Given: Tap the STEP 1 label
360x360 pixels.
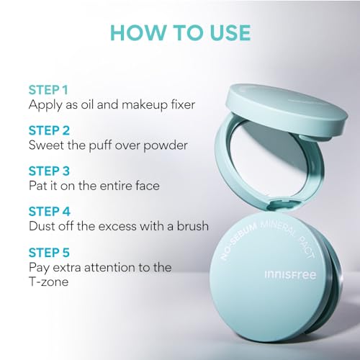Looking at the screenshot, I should [50, 90].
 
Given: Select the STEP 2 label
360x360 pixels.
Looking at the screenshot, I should [51, 131].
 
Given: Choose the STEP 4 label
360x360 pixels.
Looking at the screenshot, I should [51, 212].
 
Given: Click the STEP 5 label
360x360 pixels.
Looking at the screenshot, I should [51, 253].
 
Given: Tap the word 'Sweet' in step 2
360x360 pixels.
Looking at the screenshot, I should [48, 145].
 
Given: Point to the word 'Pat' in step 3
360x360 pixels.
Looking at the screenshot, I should [39, 186].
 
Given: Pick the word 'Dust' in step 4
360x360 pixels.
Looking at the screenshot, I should [43, 227].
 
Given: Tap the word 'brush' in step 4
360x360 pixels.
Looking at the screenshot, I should [190, 227].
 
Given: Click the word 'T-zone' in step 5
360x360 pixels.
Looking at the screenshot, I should [49, 282].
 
